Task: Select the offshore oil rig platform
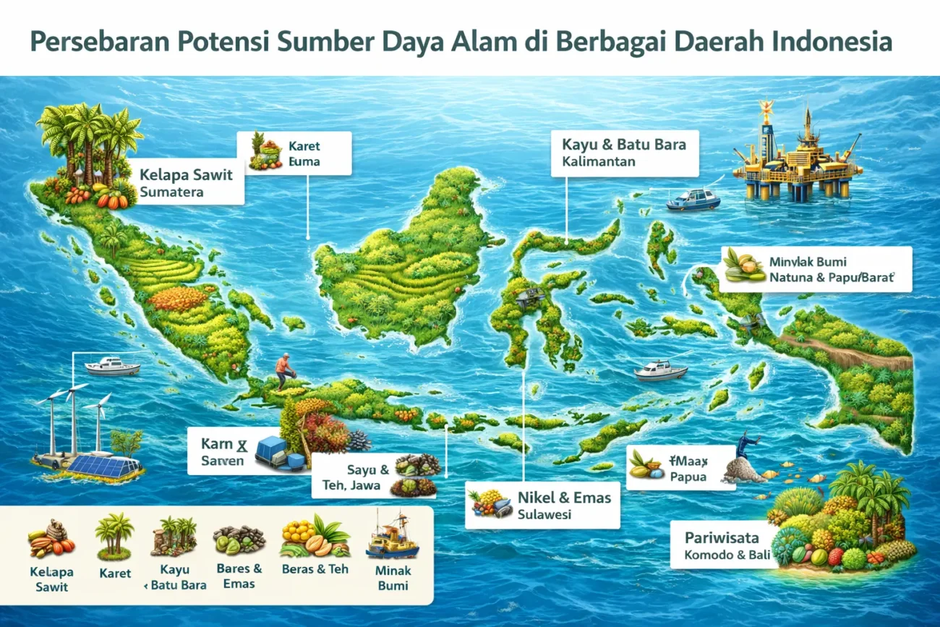795,155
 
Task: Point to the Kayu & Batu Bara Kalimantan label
624,153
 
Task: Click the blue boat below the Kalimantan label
692,199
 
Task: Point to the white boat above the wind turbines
112,367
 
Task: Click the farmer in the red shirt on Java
286,371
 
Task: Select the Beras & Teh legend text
315,569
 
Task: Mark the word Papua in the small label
687,477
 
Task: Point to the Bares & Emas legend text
239,576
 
